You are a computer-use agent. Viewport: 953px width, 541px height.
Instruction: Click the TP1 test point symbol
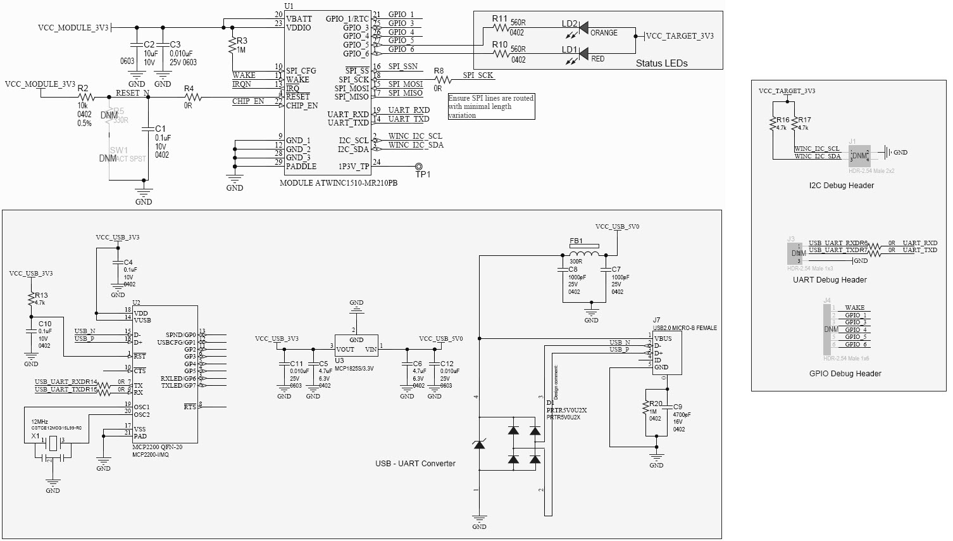(x=418, y=166)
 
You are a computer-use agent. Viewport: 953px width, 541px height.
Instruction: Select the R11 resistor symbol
(x=501, y=28)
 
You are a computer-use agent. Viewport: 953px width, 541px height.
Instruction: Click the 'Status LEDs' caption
(x=661, y=63)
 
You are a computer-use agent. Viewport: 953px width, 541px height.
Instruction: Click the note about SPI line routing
(x=491, y=106)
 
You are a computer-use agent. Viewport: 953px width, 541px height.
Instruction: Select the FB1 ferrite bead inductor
(x=583, y=255)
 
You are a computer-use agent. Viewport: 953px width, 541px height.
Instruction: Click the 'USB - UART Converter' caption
(x=415, y=463)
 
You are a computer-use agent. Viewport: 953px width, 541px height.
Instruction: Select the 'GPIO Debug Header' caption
(x=845, y=373)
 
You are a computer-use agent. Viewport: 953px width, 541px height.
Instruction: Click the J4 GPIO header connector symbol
(x=827, y=329)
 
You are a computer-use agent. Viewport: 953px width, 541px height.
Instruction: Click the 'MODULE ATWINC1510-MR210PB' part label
(x=339, y=182)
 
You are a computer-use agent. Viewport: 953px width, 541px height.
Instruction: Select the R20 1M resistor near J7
(x=645, y=412)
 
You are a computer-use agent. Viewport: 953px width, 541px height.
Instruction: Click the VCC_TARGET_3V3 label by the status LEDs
(x=679, y=36)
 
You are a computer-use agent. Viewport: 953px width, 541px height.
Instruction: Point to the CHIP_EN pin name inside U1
(x=301, y=105)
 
